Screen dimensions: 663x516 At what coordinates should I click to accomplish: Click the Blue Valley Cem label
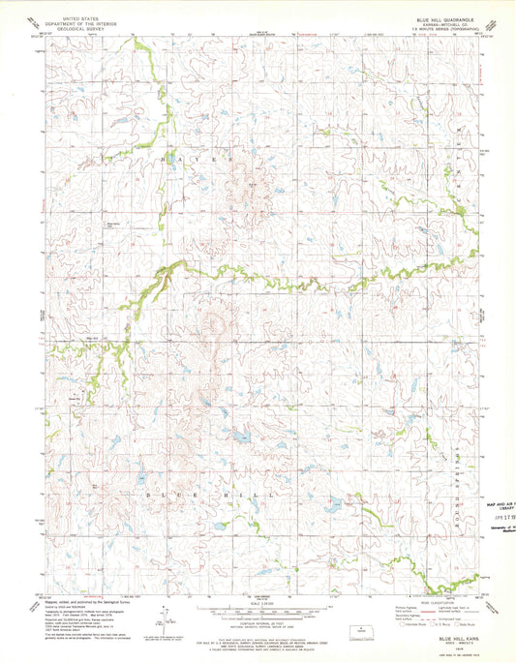[x=112, y=226]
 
